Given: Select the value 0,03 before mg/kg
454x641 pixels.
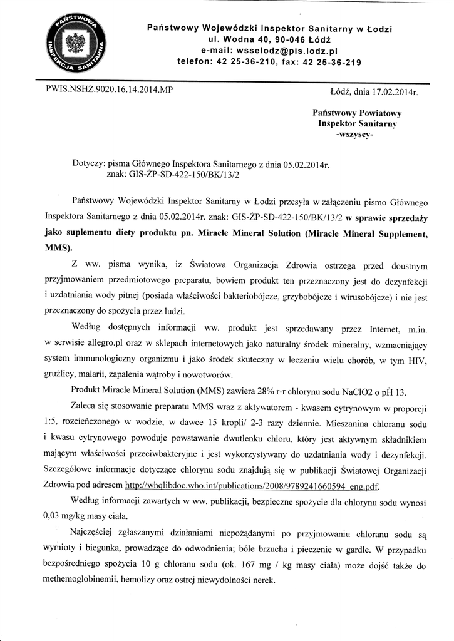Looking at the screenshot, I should (54, 516).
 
